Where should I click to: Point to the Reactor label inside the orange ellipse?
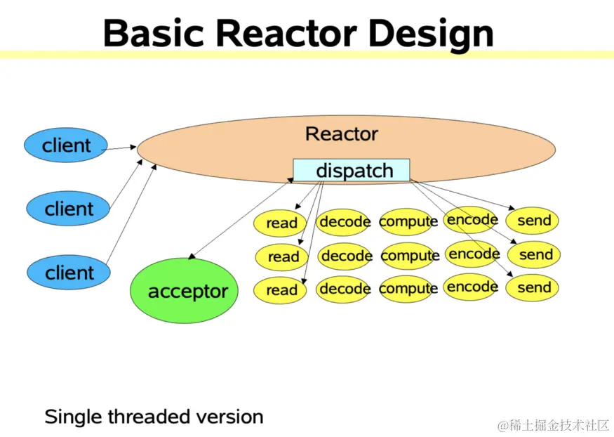point(342,134)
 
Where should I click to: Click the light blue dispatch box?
point(351,170)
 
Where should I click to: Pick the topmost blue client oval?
point(66,146)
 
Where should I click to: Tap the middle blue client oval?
point(69,209)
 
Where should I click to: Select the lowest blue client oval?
point(69,273)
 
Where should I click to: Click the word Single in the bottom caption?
point(74,417)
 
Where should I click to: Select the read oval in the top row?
point(281,223)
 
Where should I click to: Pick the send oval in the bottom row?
point(534,287)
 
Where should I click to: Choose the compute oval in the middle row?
point(410,256)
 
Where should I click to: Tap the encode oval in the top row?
point(472,220)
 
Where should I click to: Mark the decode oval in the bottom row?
point(345,289)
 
